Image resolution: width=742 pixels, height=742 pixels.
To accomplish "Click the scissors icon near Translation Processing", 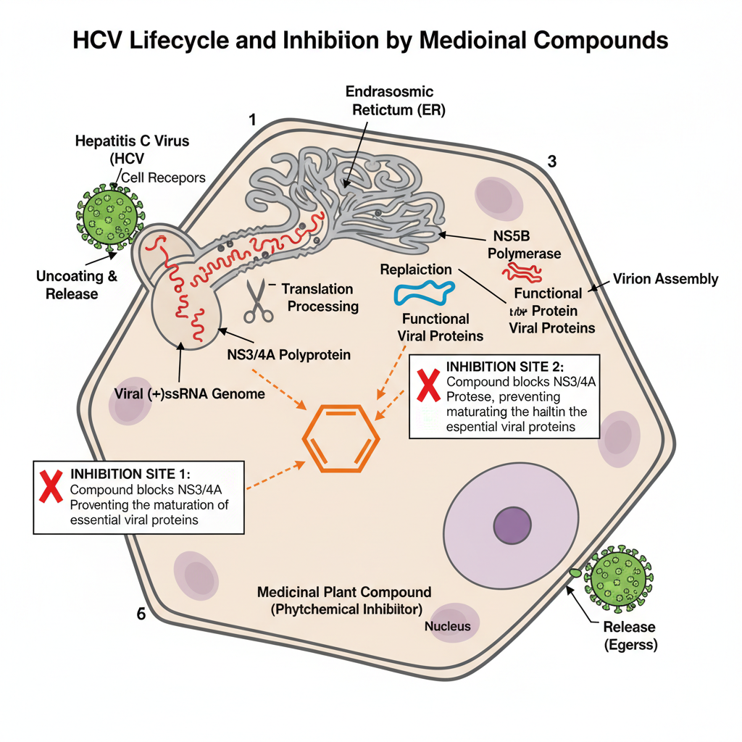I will pos(254,300).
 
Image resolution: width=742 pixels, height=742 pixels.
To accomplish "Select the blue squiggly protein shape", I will pos(424,293).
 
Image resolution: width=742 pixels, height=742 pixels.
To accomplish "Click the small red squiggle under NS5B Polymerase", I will pos(522,272).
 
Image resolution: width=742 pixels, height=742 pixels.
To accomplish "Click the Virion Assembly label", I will pos(665,279).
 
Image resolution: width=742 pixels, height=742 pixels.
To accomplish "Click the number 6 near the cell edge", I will pos(141,614).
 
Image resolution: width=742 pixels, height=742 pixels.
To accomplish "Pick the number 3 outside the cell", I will pos(551,162).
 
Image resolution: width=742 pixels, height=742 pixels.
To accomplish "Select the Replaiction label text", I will pos(416,270).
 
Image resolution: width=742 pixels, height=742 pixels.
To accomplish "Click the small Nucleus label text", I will pos(447,626).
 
